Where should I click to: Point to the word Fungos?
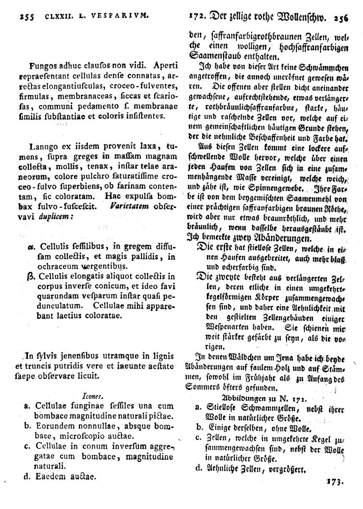pyautogui.click(x=45, y=66)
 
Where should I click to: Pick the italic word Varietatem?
pyautogui.click(x=127, y=208)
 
